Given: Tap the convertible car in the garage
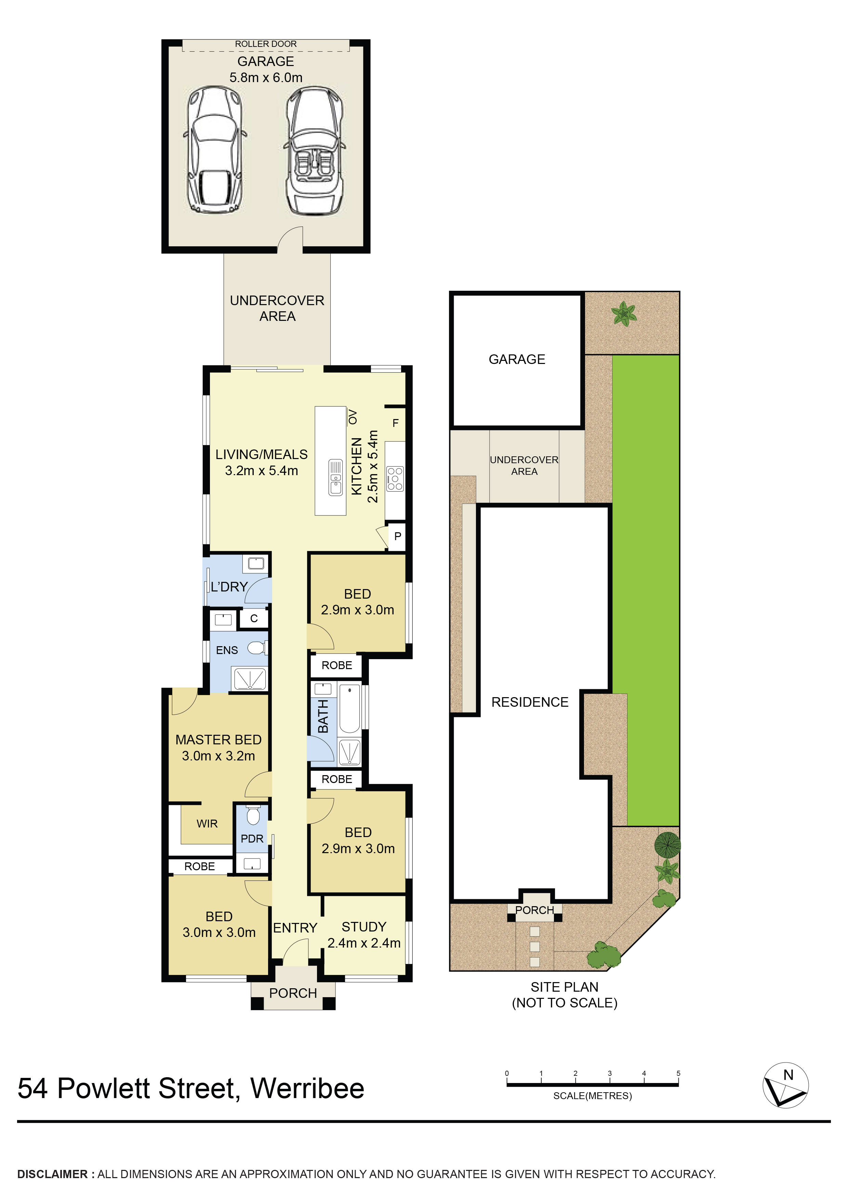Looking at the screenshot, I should [x=314, y=152].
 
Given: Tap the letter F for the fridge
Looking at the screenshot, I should [x=396, y=423].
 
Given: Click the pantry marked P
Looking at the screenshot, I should [x=398, y=536].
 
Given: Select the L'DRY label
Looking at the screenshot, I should [x=229, y=587].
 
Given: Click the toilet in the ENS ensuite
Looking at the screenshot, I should [x=256, y=649].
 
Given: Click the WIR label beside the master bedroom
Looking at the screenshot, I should [x=207, y=824].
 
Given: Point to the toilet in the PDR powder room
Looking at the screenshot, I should [x=253, y=815].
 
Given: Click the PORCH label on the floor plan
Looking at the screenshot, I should [x=293, y=993].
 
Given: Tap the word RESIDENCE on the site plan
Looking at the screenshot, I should [x=529, y=702].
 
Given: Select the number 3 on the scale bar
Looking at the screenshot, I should [x=609, y=1073].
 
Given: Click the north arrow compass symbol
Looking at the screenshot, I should [x=785, y=1085].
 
